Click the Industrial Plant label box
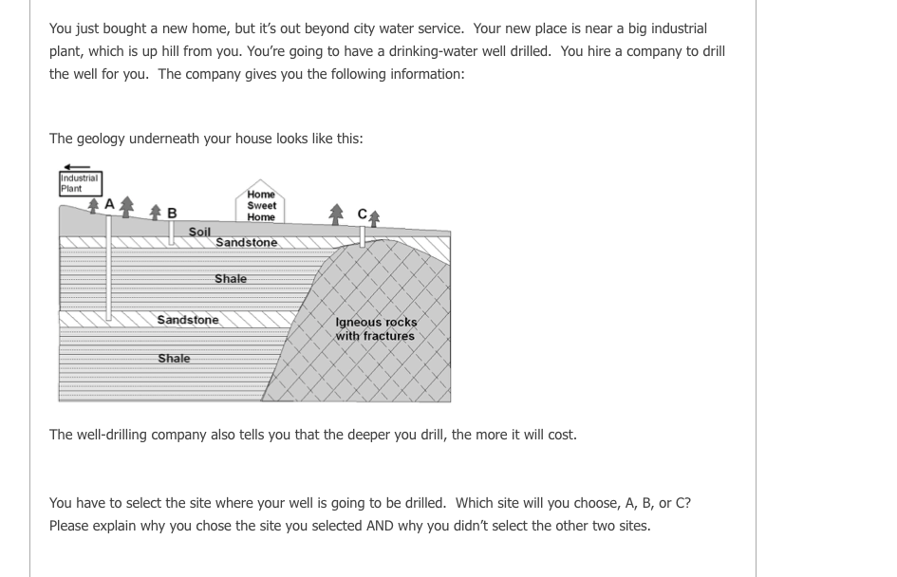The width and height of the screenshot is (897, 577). click(x=80, y=182)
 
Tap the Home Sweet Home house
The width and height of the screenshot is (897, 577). click(x=261, y=205)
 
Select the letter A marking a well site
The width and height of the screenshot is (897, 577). click(x=109, y=203)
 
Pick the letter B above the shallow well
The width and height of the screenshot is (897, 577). click(x=172, y=213)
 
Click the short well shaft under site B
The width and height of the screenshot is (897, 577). click(x=172, y=233)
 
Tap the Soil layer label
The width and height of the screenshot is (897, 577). click(x=199, y=232)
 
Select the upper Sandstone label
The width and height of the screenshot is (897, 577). click(x=247, y=243)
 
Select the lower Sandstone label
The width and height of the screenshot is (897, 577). click(x=188, y=320)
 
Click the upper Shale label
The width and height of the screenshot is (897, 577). click(x=231, y=279)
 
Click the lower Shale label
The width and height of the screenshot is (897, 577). click(x=174, y=359)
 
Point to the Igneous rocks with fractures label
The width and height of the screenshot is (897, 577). click(x=376, y=329)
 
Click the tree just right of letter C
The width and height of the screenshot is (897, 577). click(x=375, y=217)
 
